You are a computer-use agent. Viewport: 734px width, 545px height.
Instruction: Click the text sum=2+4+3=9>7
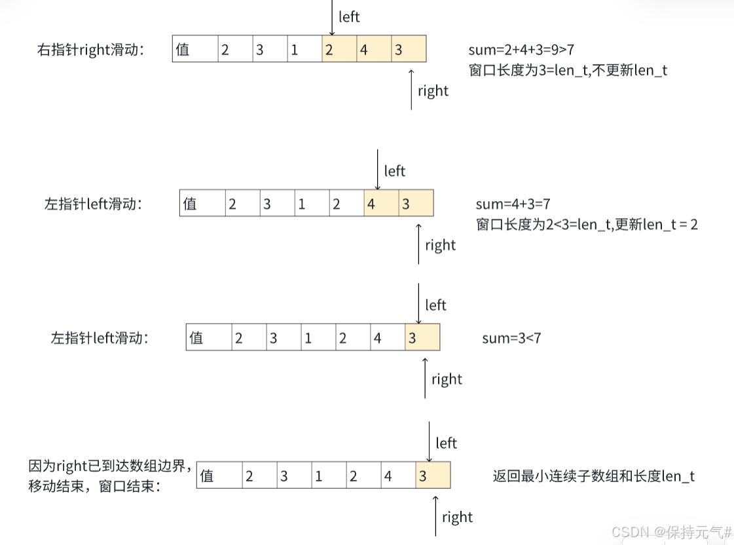coord(521,49)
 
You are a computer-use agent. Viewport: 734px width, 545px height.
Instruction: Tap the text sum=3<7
coord(511,338)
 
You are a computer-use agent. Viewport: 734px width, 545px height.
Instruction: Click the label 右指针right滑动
coord(91,50)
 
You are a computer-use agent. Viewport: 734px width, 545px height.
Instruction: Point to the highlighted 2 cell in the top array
coord(339,49)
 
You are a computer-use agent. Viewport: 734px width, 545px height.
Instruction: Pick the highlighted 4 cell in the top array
coord(374,49)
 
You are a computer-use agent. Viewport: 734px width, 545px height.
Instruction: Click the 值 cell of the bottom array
coord(219,476)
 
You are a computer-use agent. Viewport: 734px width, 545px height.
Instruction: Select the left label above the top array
coord(349,17)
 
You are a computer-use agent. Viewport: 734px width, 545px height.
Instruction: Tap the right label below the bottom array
coord(457,517)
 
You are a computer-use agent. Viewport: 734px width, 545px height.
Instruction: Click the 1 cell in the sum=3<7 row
coord(318,338)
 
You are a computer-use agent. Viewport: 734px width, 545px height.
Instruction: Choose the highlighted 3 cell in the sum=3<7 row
coord(422,338)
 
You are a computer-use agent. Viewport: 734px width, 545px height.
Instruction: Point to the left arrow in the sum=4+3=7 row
coord(378,169)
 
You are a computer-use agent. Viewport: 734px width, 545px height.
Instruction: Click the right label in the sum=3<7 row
coord(447,379)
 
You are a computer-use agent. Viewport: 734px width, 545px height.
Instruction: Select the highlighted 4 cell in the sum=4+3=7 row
coord(381,204)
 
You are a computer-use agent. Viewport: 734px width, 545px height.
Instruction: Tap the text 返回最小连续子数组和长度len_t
coord(593,476)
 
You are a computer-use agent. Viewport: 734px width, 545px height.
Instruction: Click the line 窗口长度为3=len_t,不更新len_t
coord(568,70)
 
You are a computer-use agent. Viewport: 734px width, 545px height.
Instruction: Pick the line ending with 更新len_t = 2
coord(587,224)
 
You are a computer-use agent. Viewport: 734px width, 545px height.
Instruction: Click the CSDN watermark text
coord(671,532)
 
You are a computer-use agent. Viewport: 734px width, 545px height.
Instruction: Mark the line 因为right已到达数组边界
coord(110,466)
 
